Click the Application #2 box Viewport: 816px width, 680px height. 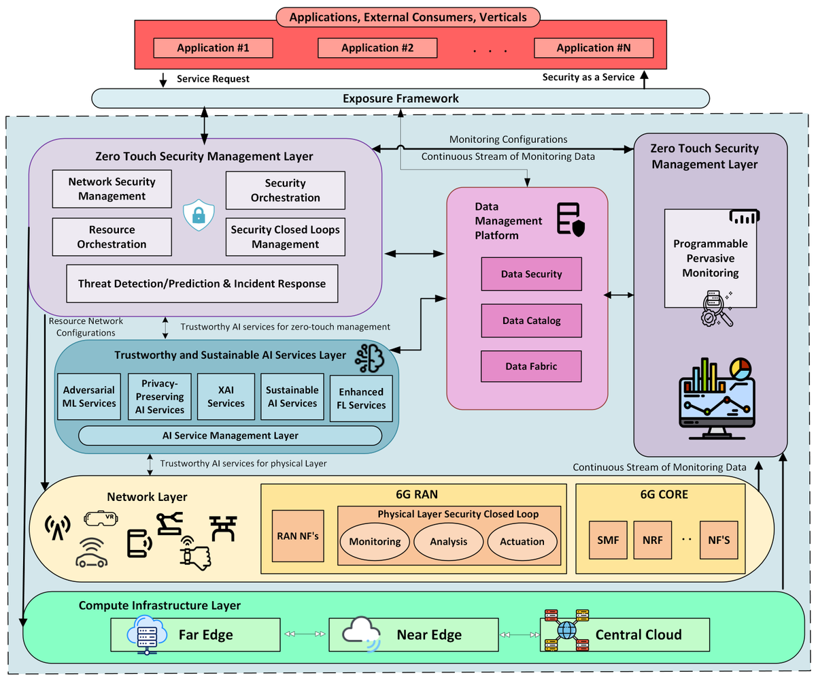[377, 48]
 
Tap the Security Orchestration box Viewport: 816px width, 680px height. [285, 191]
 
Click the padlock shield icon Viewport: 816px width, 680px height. [199, 215]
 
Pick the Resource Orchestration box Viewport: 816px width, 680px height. [112, 237]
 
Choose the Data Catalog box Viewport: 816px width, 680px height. [532, 320]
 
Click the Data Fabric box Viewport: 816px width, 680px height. [531, 366]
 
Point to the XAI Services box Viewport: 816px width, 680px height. [226, 397]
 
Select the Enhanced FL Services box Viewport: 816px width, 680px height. [361, 398]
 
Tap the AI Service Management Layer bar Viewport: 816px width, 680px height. [230, 435]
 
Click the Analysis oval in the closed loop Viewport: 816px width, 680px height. [449, 541]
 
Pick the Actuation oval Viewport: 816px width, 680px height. [522, 541]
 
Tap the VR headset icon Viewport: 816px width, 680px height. [99, 519]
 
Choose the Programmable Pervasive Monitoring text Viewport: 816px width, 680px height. [710, 258]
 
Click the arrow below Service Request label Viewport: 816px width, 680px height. [163, 80]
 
